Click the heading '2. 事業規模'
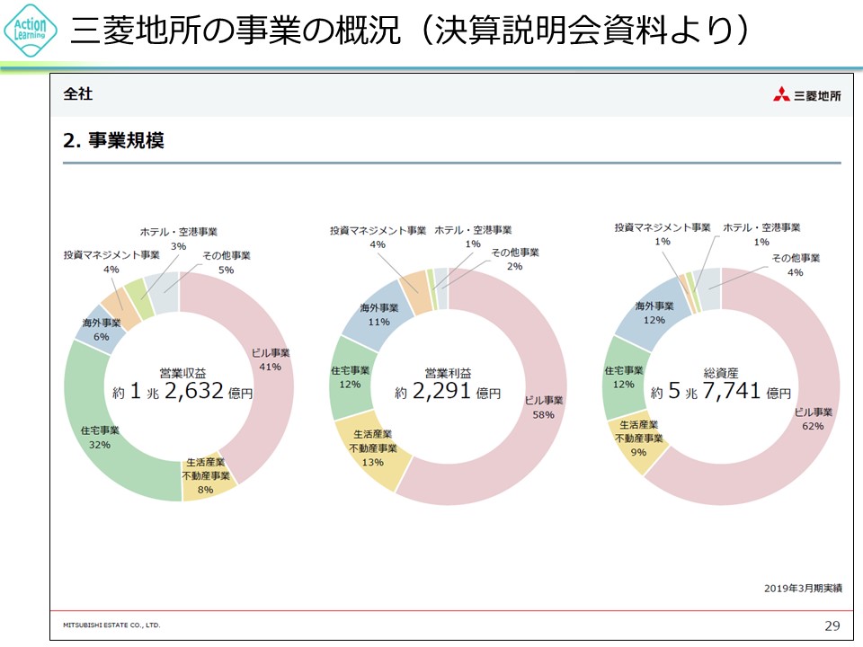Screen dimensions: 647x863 click(113, 140)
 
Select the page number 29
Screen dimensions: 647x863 click(832, 625)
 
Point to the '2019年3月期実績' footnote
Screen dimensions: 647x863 click(803, 588)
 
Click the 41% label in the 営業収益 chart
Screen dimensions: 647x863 click(270, 367)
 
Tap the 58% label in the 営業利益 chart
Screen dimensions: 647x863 click(543, 415)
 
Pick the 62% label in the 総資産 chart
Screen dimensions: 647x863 click(812, 426)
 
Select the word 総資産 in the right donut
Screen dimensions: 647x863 click(721, 372)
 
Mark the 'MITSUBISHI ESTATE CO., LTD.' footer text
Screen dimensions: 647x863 click(111, 624)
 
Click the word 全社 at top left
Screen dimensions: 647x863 click(77, 93)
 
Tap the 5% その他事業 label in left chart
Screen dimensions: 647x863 click(226, 270)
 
